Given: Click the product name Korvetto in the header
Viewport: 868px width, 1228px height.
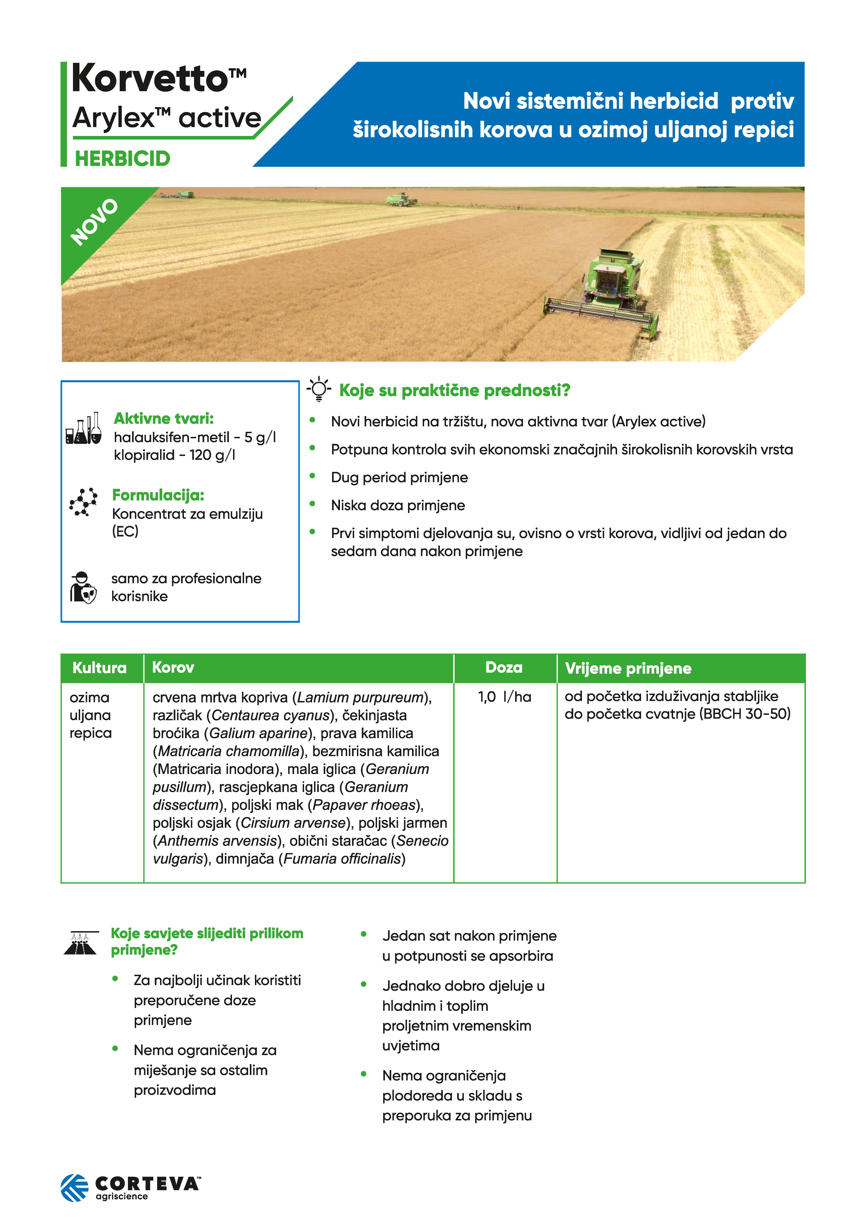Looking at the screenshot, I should point(150,79).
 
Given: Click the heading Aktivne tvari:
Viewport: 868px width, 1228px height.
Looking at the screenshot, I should point(164,418).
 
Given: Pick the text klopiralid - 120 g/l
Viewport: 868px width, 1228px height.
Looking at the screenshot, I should point(174,455).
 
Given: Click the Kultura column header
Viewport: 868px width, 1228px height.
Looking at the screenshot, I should point(100,668).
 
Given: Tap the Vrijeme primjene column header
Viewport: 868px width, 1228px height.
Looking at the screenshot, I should point(628,669).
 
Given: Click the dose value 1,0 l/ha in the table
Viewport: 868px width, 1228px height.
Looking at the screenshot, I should point(504,697).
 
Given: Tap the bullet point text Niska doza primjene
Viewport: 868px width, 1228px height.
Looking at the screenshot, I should point(398,505).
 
